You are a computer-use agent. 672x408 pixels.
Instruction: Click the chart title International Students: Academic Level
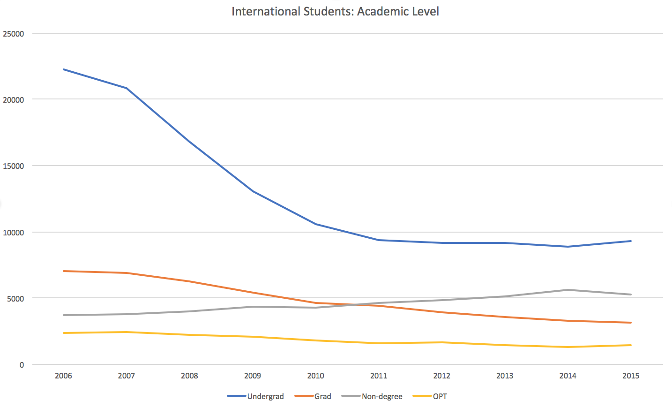click(335, 11)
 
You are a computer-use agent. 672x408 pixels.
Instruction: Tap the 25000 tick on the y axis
click(13, 34)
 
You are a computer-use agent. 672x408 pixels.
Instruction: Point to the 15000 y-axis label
click(13, 166)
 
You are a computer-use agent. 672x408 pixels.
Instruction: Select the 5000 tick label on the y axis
click(15, 299)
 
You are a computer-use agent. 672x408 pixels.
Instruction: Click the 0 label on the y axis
click(22, 365)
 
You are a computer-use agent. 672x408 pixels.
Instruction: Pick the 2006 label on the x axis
click(63, 376)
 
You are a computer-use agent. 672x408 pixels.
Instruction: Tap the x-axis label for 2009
click(253, 376)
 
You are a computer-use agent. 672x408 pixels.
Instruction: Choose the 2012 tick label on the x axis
click(441, 376)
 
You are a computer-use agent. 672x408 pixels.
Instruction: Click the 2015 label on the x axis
click(630, 376)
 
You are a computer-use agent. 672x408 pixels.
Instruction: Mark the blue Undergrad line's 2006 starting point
click(64, 69)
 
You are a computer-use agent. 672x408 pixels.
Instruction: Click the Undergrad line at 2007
click(127, 88)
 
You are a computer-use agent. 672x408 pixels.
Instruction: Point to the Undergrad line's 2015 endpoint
click(631, 241)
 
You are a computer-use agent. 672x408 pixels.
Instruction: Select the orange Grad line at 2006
click(64, 271)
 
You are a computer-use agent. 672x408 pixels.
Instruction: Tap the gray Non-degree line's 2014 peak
click(568, 290)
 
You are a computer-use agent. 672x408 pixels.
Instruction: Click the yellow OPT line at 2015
click(631, 345)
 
